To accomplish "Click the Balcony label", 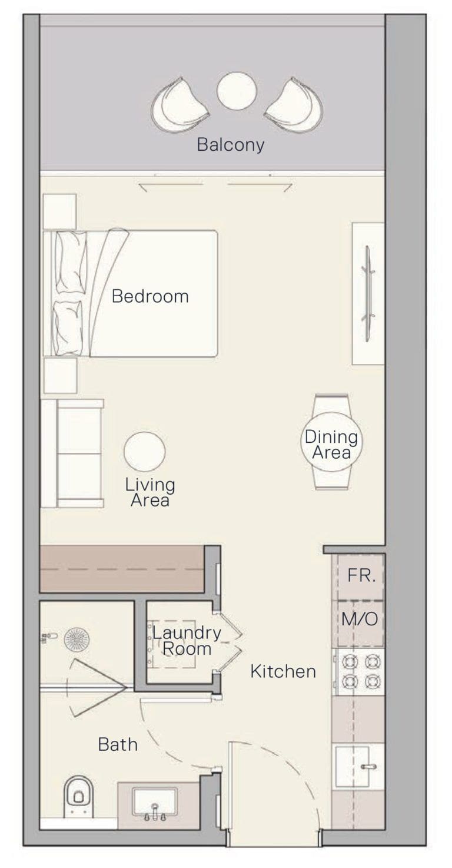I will (x=230, y=144).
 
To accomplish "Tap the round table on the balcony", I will (x=237, y=92).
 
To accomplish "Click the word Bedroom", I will (x=150, y=296).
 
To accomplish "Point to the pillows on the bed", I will (x=69, y=293).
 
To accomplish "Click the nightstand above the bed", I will (x=59, y=211).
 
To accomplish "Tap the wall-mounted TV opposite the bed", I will (x=368, y=293).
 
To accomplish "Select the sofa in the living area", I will (x=72, y=453).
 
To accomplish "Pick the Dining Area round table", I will (x=331, y=442).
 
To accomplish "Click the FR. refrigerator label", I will (x=361, y=575).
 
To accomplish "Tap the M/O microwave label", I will (x=360, y=619).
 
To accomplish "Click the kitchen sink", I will (x=353, y=766).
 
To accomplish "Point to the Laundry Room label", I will (x=187, y=641).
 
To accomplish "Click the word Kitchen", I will (x=283, y=671).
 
